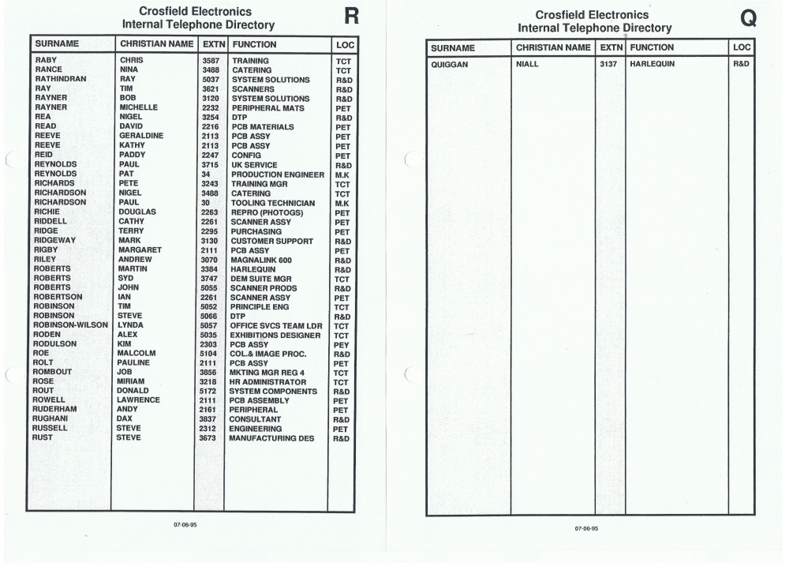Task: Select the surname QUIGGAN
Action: tap(451, 64)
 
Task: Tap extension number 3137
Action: tap(609, 64)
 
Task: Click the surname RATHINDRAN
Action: tap(62, 79)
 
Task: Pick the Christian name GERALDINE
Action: tap(141, 136)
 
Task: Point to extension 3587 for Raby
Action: tap(210, 60)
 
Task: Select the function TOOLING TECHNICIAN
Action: tap(273, 203)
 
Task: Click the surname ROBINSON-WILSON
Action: tap(72, 325)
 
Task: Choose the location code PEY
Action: tap(342, 345)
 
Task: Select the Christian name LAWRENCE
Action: tap(138, 400)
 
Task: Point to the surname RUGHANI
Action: tap(53, 419)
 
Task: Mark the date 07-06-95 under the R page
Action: tap(185, 525)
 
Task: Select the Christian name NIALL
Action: tap(527, 64)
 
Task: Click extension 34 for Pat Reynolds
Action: tap(206, 174)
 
